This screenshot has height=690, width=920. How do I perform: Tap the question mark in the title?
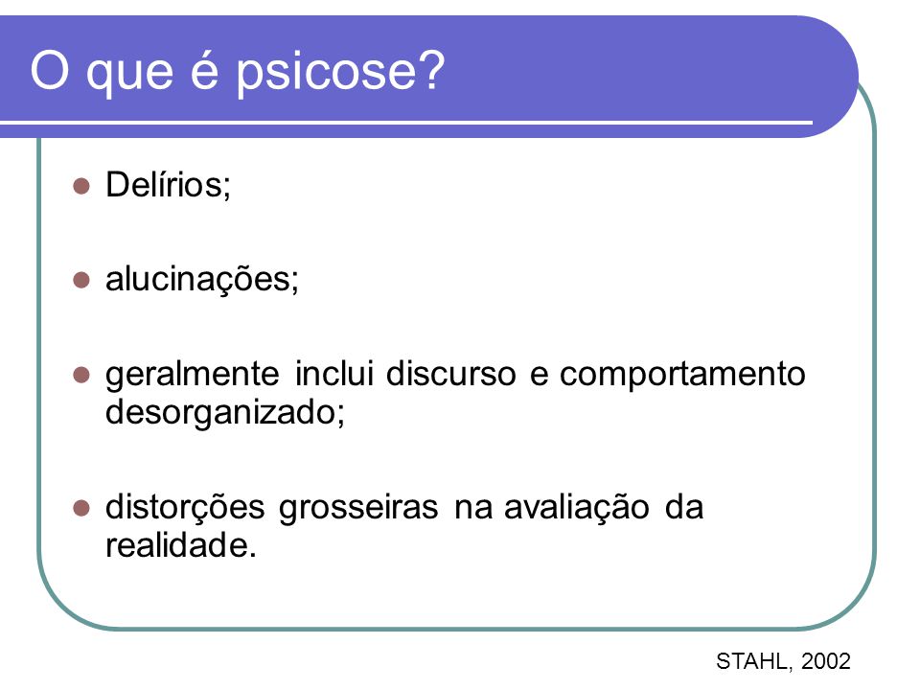click(430, 69)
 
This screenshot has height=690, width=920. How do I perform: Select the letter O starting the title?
click(49, 69)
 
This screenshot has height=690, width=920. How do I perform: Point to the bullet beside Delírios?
click(80, 187)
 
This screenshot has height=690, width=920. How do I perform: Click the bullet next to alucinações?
click(80, 280)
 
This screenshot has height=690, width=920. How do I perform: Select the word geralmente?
click(193, 376)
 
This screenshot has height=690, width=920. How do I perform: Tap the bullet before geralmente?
click(80, 375)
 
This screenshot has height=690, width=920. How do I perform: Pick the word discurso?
click(450, 373)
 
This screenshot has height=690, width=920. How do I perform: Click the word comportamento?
click(682, 376)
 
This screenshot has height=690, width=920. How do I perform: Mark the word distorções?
click(185, 509)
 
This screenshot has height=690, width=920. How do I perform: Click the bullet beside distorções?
click(80, 508)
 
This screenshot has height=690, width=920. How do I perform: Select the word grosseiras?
click(357, 509)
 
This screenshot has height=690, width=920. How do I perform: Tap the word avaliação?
click(576, 509)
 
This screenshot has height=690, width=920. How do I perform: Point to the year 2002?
click(825, 661)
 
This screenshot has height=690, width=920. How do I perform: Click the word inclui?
click(333, 373)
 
